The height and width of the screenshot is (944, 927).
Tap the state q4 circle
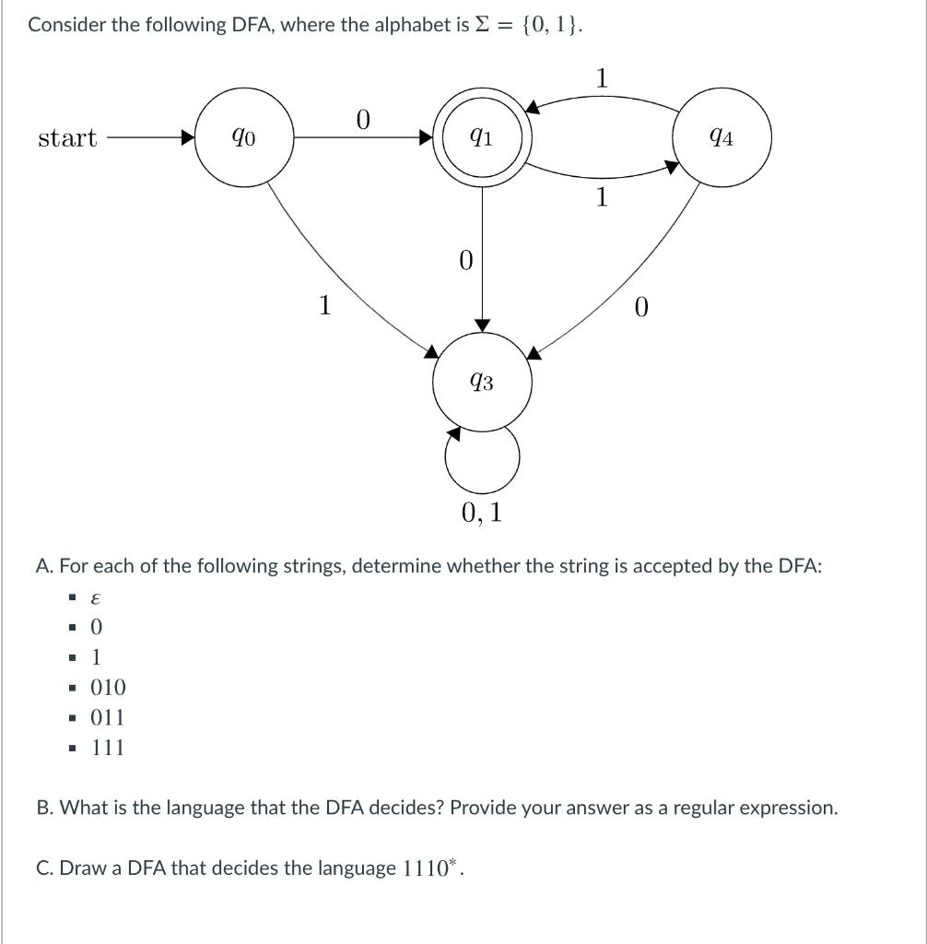(x=722, y=138)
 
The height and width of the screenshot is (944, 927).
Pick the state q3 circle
(x=482, y=381)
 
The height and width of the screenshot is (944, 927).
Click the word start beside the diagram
(x=67, y=138)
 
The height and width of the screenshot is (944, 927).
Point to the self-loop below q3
(x=482, y=457)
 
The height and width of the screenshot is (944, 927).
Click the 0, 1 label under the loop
(x=482, y=513)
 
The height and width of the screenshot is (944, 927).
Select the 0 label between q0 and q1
(x=362, y=120)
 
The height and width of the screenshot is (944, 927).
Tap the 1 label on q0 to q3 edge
(x=324, y=304)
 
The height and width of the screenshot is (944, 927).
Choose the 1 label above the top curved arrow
(x=601, y=79)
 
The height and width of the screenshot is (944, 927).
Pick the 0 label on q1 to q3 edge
(x=465, y=260)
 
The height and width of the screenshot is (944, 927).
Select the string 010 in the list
(x=108, y=687)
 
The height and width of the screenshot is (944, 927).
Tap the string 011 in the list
(x=108, y=717)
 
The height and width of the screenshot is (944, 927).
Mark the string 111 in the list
(x=108, y=748)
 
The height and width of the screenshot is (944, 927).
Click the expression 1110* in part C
(x=430, y=867)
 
